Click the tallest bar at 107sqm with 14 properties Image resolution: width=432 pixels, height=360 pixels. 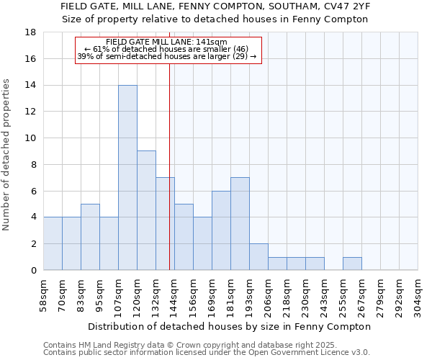point(127,178)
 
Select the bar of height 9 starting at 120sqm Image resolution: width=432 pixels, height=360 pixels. point(146,210)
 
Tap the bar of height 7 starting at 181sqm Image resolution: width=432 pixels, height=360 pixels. point(240,224)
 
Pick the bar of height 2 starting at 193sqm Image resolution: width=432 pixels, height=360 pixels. point(258,257)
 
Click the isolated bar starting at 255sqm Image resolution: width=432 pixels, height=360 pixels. point(352,264)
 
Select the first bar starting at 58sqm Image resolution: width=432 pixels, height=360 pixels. point(53,243)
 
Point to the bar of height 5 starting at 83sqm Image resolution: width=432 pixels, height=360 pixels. point(90,237)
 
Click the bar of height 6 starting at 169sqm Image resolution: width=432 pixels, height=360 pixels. point(221,230)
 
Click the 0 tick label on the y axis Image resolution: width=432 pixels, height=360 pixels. point(34,271)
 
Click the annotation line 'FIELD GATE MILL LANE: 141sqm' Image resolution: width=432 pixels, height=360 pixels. point(166,42)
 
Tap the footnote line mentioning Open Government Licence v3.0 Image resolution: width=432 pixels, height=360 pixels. point(206,352)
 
